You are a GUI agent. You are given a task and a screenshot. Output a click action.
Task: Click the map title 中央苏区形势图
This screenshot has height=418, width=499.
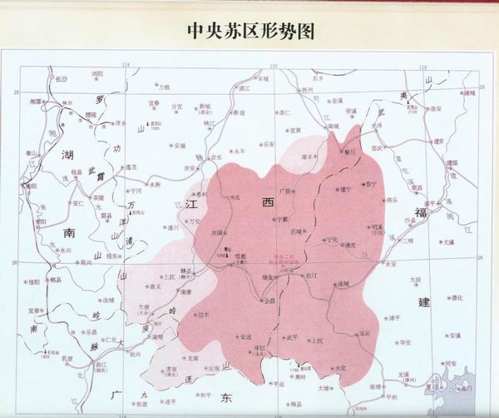249,31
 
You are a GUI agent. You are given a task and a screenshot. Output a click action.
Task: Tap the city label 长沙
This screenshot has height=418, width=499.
61,77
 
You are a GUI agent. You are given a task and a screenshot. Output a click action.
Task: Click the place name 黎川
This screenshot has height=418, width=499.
349,152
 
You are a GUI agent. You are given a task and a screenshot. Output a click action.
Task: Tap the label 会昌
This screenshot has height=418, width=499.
269,301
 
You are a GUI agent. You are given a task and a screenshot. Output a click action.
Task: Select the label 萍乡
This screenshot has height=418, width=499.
120,122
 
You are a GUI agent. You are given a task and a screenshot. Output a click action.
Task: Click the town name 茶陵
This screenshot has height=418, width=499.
98,197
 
